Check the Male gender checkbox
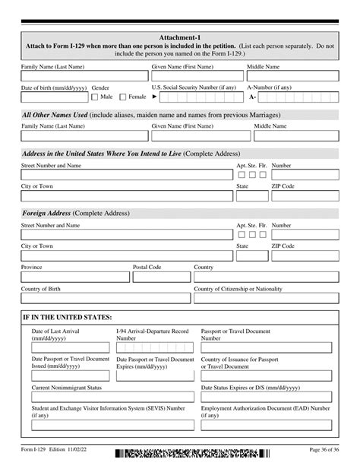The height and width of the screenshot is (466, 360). (95, 97)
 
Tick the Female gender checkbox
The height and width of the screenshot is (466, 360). (122, 97)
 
